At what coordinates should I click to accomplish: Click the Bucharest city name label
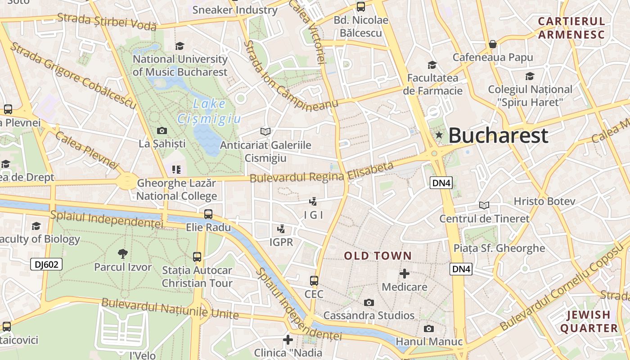(x=498, y=135)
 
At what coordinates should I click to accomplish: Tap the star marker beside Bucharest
(x=439, y=135)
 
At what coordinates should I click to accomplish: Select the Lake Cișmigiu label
(x=209, y=111)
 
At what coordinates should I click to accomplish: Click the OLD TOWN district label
(x=378, y=256)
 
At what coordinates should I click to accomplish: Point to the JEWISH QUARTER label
(x=589, y=321)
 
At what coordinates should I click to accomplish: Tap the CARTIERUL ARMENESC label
(x=571, y=28)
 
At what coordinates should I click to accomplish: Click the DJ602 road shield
(x=46, y=264)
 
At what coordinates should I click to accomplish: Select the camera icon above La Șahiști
(x=162, y=131)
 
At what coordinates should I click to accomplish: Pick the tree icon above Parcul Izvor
(x=122, y=254)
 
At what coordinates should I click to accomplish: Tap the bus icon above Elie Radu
(x=208, y=214)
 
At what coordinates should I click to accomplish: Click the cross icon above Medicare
(x=404, y=274)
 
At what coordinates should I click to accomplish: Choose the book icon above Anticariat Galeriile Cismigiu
(x=265, y=131)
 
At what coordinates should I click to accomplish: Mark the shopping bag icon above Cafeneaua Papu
(x=493, y=44)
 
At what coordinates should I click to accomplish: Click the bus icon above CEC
(x=314, y=281)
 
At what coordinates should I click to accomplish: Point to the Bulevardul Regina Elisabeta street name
(x=321, y=173)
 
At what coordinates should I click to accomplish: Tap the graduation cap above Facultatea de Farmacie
(x=432, y=65)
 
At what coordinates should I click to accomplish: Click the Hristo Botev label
(x=544, y=201)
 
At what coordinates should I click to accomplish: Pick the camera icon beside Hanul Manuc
(x=429, y=329)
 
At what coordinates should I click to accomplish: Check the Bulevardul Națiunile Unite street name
(x=170, y=308)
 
